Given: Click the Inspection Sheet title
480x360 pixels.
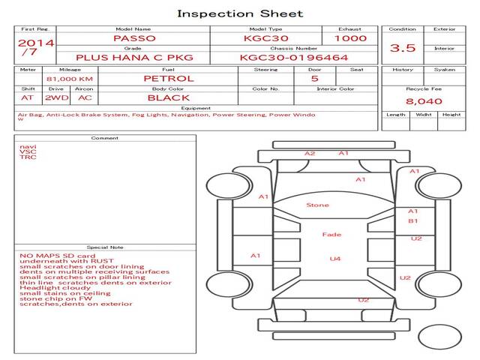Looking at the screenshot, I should click(240, 13).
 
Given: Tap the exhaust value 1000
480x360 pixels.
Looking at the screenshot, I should click(350, 38).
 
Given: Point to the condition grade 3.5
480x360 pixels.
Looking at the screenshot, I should click(403, 48).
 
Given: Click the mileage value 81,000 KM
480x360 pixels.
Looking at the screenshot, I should click(70, 78).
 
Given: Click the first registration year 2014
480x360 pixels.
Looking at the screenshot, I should click(36, 43).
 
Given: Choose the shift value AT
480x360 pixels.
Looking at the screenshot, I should click(28, 97).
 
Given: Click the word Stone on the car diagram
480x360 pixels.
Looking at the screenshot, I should click(317, 205).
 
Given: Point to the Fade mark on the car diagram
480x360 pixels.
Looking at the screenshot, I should click(331, 235).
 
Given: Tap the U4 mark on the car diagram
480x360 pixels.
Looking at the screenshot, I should click(335, 259).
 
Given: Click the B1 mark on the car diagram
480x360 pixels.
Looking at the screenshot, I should click(412, 221).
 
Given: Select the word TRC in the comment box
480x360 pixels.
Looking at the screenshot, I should click(28, 157).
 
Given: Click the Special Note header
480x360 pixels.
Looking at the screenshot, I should click(105, 247).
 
